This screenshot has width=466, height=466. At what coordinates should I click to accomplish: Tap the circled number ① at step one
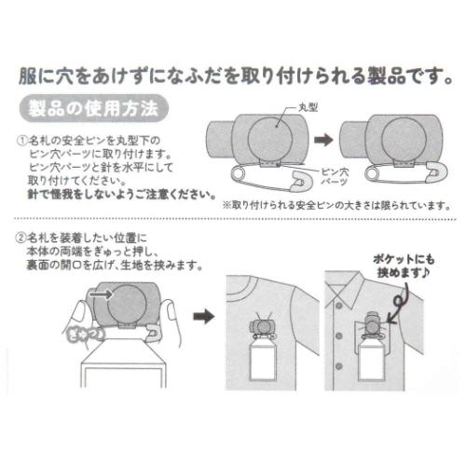click(24, 138)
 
